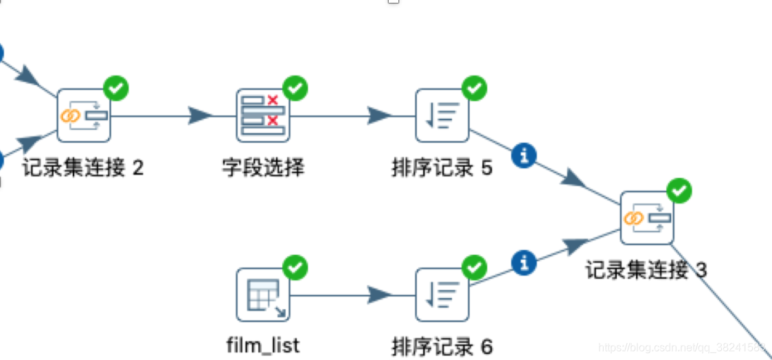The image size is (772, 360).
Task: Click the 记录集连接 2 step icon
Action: point(83,115)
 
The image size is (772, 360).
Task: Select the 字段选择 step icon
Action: point(263,115)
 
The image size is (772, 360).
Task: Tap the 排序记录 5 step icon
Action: point(442,115)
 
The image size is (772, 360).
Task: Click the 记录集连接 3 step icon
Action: point(647,218)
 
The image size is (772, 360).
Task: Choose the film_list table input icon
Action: point(263,295)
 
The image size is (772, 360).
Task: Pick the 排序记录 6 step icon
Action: point(442,295)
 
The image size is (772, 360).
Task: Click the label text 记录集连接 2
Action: point(83,167)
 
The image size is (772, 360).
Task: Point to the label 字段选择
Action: point(263,167)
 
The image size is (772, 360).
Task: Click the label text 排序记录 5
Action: point(442,168)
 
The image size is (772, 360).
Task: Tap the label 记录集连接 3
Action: point(646,270)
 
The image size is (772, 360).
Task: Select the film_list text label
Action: point(263,345)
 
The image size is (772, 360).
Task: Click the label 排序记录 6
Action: point(442,346)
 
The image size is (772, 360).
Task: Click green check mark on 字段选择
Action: point(295,88)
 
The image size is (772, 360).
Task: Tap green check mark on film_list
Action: point(295,267)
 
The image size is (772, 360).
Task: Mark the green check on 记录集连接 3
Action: point(679,190)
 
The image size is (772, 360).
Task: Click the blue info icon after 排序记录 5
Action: point(525,155)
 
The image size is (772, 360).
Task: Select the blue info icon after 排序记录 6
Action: point(525,262)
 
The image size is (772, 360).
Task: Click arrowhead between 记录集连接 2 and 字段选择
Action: point(200,115)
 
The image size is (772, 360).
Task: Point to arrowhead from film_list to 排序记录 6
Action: point(379,295)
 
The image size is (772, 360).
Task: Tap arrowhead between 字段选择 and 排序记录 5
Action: point(379,115)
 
